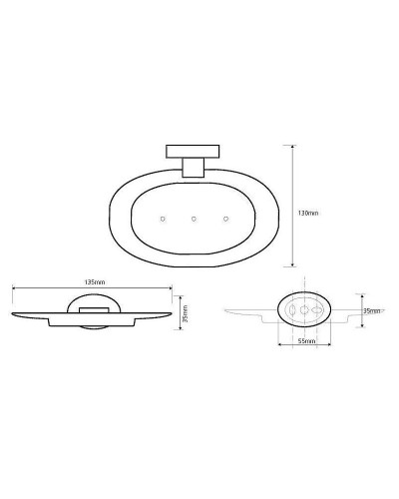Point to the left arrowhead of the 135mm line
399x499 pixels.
coord(15,288)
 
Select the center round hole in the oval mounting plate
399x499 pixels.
coord(304,311)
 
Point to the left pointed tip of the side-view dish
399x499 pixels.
coord(13,312)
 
